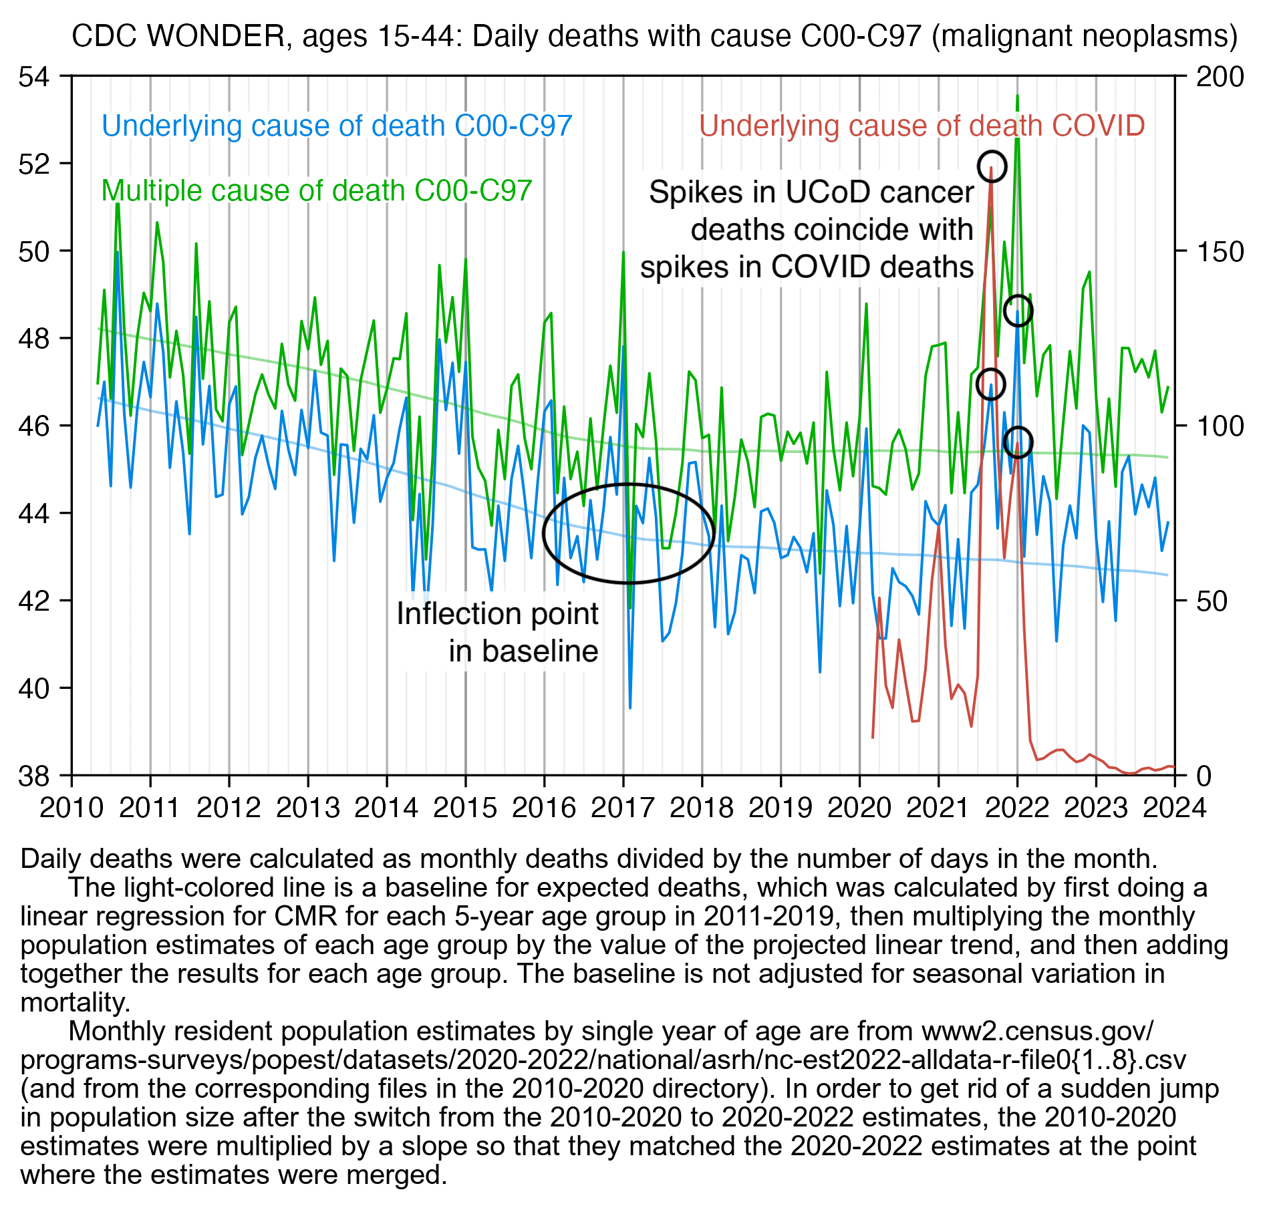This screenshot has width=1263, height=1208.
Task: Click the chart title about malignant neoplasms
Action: [x=654, y=36]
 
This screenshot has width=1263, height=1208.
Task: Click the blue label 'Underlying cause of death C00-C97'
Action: [x=337, y=126]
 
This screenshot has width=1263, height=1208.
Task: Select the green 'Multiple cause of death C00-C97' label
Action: [x=316, y=190]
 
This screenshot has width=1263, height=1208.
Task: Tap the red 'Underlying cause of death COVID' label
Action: [x=922, y=126]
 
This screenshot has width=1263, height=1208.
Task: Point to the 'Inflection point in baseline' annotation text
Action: [x=497, y=632]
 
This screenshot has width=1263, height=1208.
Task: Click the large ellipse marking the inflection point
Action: [x=628, y=533]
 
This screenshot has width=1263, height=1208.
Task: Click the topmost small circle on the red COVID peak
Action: [x=991, y=166]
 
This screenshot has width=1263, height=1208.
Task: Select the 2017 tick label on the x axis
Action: [x=623, y=808]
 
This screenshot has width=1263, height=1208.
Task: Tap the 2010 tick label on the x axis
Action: [x=72, y=808]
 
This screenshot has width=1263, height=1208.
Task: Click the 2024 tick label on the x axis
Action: [x=1174, y=808]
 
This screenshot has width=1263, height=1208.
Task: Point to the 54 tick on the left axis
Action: [x=34, y=77]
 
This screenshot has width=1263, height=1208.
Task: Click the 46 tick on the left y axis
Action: [x=34, y=426]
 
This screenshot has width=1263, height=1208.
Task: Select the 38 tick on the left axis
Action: [x=34, y=776]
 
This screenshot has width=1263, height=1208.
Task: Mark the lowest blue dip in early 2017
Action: [x=629, y=707]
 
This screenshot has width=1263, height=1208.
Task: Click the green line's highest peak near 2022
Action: [x=1017, y=96]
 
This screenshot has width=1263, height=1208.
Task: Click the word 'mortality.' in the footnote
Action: [x=76, y=1002]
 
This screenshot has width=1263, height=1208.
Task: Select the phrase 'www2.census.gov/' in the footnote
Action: [x=1037, y=1031]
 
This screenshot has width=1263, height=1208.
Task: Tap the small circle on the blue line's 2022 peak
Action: [x=1018, y=311]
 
